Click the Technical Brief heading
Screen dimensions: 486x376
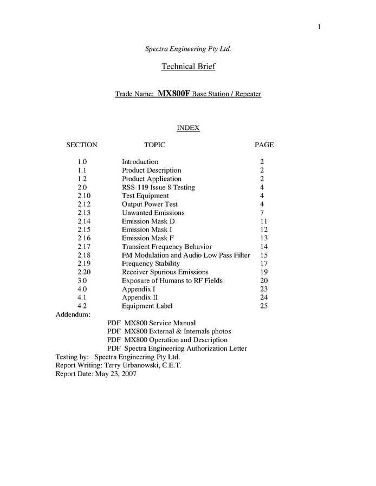click(x=188, y=67)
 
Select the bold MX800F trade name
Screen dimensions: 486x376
click(x=173, y=94)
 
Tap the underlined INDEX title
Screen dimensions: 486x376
click(x=188, y=128)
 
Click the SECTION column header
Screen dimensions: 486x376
click(x=82, y=145)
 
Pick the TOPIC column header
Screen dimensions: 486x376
click(x=154, y=145)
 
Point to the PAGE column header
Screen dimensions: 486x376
click(x=264, y=145)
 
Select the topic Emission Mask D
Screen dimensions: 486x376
click(x=148, y=221)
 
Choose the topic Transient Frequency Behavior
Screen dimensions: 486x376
click(x=167, y=247)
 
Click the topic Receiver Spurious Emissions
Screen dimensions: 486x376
click(x=165, y=272)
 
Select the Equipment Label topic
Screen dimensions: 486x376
click(x=147, y=306)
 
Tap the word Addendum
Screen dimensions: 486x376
click(x=73, y=314)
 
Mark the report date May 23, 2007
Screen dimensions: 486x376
click(x=116, y=374)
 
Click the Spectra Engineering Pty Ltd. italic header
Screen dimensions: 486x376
click(x=188, y=49)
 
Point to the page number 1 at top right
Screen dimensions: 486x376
click(x=320, y=27)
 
